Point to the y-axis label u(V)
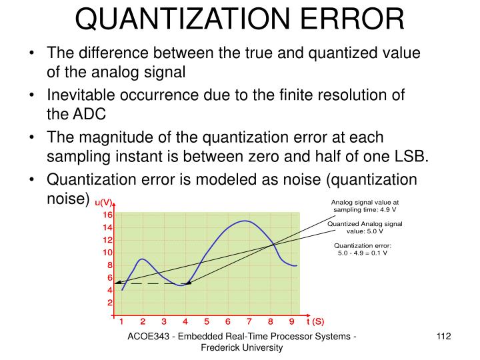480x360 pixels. [103, 202]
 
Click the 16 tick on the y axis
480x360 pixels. [107, 215]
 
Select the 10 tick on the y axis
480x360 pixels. [107, 253]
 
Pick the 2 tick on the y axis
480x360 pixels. [109, 303]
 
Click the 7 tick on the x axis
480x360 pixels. [249, 321]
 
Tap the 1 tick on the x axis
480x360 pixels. [122, 321]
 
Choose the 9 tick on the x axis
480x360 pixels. [292, 321]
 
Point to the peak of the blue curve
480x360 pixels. [245, 221]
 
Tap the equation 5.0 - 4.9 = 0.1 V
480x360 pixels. [363, 253]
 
